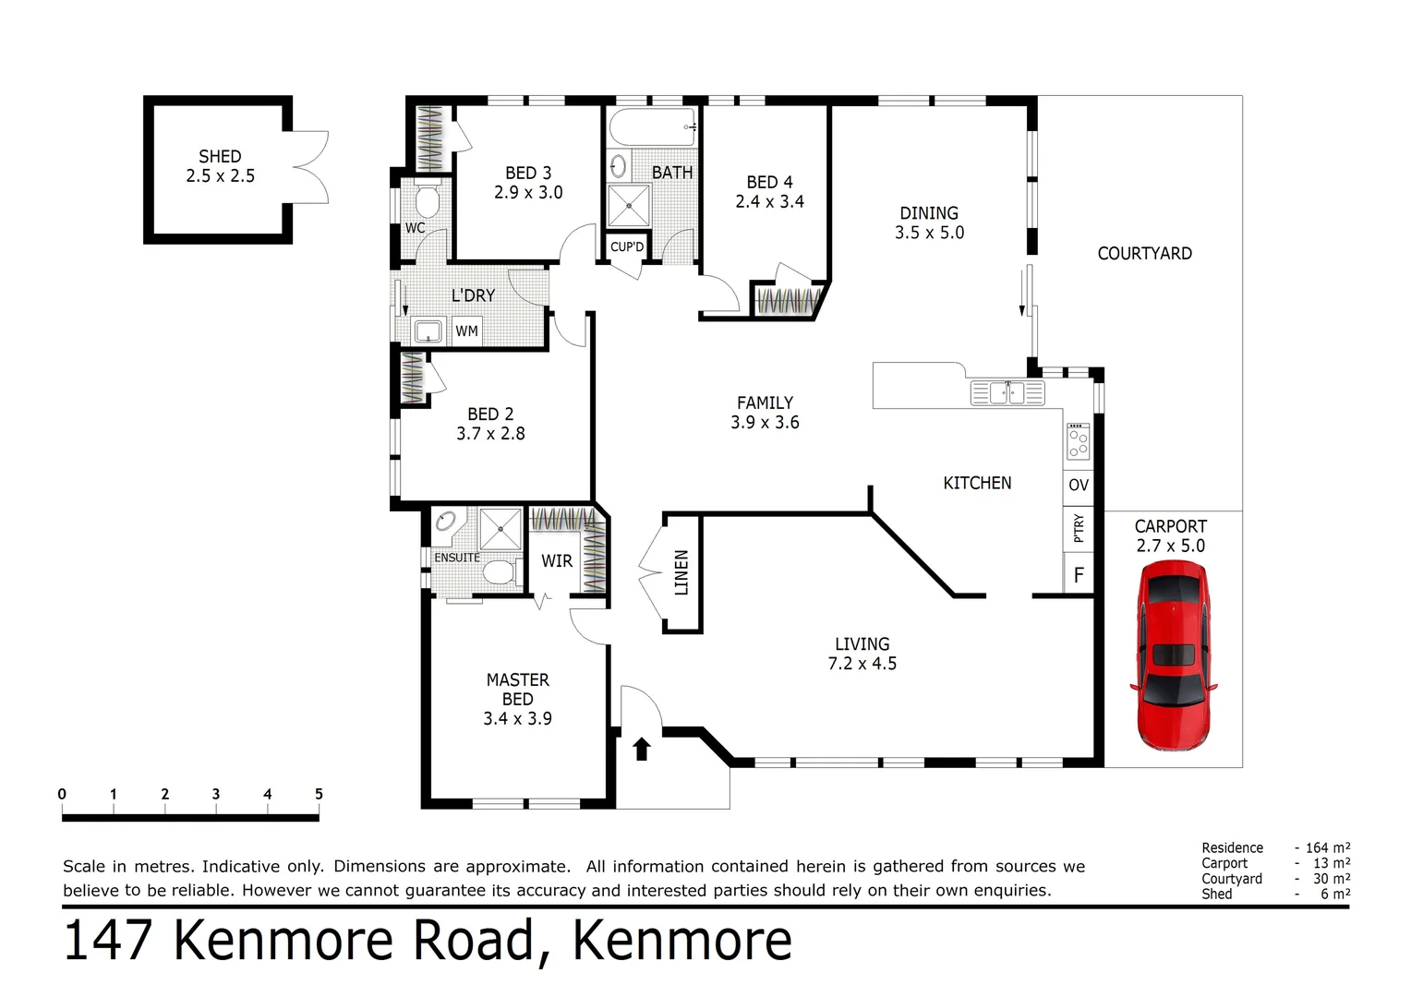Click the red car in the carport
pyautogui.click(x=1172, y=655)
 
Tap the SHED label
pyautogui.click(x=220, y=157)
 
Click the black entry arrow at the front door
pyautogui.click(x=642, y=748)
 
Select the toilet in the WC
pyautogui.click(x=427, y=200)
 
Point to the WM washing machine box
pyautogui.click(x=466, y=331)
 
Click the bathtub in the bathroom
pyautogui.click(x=652, y=127)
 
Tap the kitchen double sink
pyautogui.click(x=1007, y=393)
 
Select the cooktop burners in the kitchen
pyautogui.click(x=1078, y=441)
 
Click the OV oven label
pyautogui.click(x=1078, y=485)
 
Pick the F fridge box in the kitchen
pyautogui.click(x=1078, y=576)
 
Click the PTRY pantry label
pyautogui.click(x=1079, y=529)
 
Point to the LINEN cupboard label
pyautogui.click(x=681, y=572)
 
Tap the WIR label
pyautogui.click(x=557, y=561)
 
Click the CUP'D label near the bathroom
pyautogui.click(x=627, y=247)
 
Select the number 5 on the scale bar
pyautogui.click(x=319, y=794)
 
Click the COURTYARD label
pyautogui.click(x=1144, y=254)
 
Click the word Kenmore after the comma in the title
pyautogui.click(x=681, y=940)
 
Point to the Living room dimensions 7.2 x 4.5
pyautogui.click(x=862, y=664)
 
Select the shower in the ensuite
pyautogui.click(x=500, y=530)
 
